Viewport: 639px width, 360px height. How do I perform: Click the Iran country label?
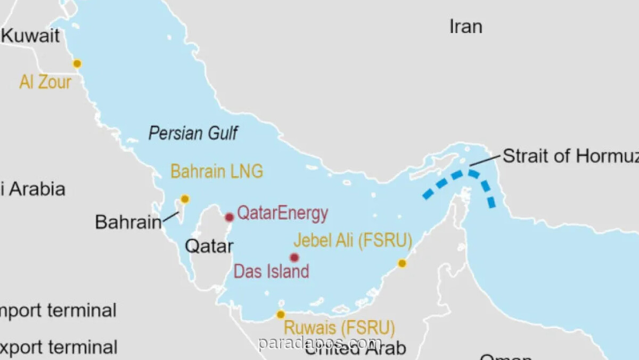pyautogui.click(x=466, y=27)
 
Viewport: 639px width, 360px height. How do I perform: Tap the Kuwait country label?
pyautogui.click(x=30, y=36)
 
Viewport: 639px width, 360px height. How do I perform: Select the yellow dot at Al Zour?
pyautogui.click(x=77, y=64)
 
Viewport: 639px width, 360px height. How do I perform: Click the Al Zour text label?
pyautogui.click(x=45, y=82)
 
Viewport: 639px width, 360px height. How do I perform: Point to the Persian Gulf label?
pyautogui.click(x=193, y=133)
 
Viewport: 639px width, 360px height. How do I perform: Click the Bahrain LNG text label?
pyautogui.click(x=217, y=172)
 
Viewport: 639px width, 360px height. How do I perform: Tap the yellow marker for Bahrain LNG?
pyautogui.click(x=185, y=199)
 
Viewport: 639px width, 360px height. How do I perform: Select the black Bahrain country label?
pyautogui.click(x=128, y=222)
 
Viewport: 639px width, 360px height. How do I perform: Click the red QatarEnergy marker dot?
pyautogui.click(x=230, y=217)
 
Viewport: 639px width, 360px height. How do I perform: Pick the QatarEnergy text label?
pyautogui.click(x=282, y=214)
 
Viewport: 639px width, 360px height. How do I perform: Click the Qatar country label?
pyautogui.click(x=209, y=246)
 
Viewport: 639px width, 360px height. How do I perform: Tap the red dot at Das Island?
pyautogui.click(x=294, y=258)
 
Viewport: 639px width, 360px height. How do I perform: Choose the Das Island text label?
pyautogui.click(x=272, y=271)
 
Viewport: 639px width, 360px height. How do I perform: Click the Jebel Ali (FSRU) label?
pyautogui.click(x=353, y=241)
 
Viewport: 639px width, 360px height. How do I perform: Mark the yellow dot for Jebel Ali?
pyautogui.click(x=402, y=264)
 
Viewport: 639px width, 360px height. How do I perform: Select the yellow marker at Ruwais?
pyautogui.click(x=281, y=315)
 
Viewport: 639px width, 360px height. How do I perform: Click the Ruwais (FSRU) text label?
pyautogui.click(x=339, y=327)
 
